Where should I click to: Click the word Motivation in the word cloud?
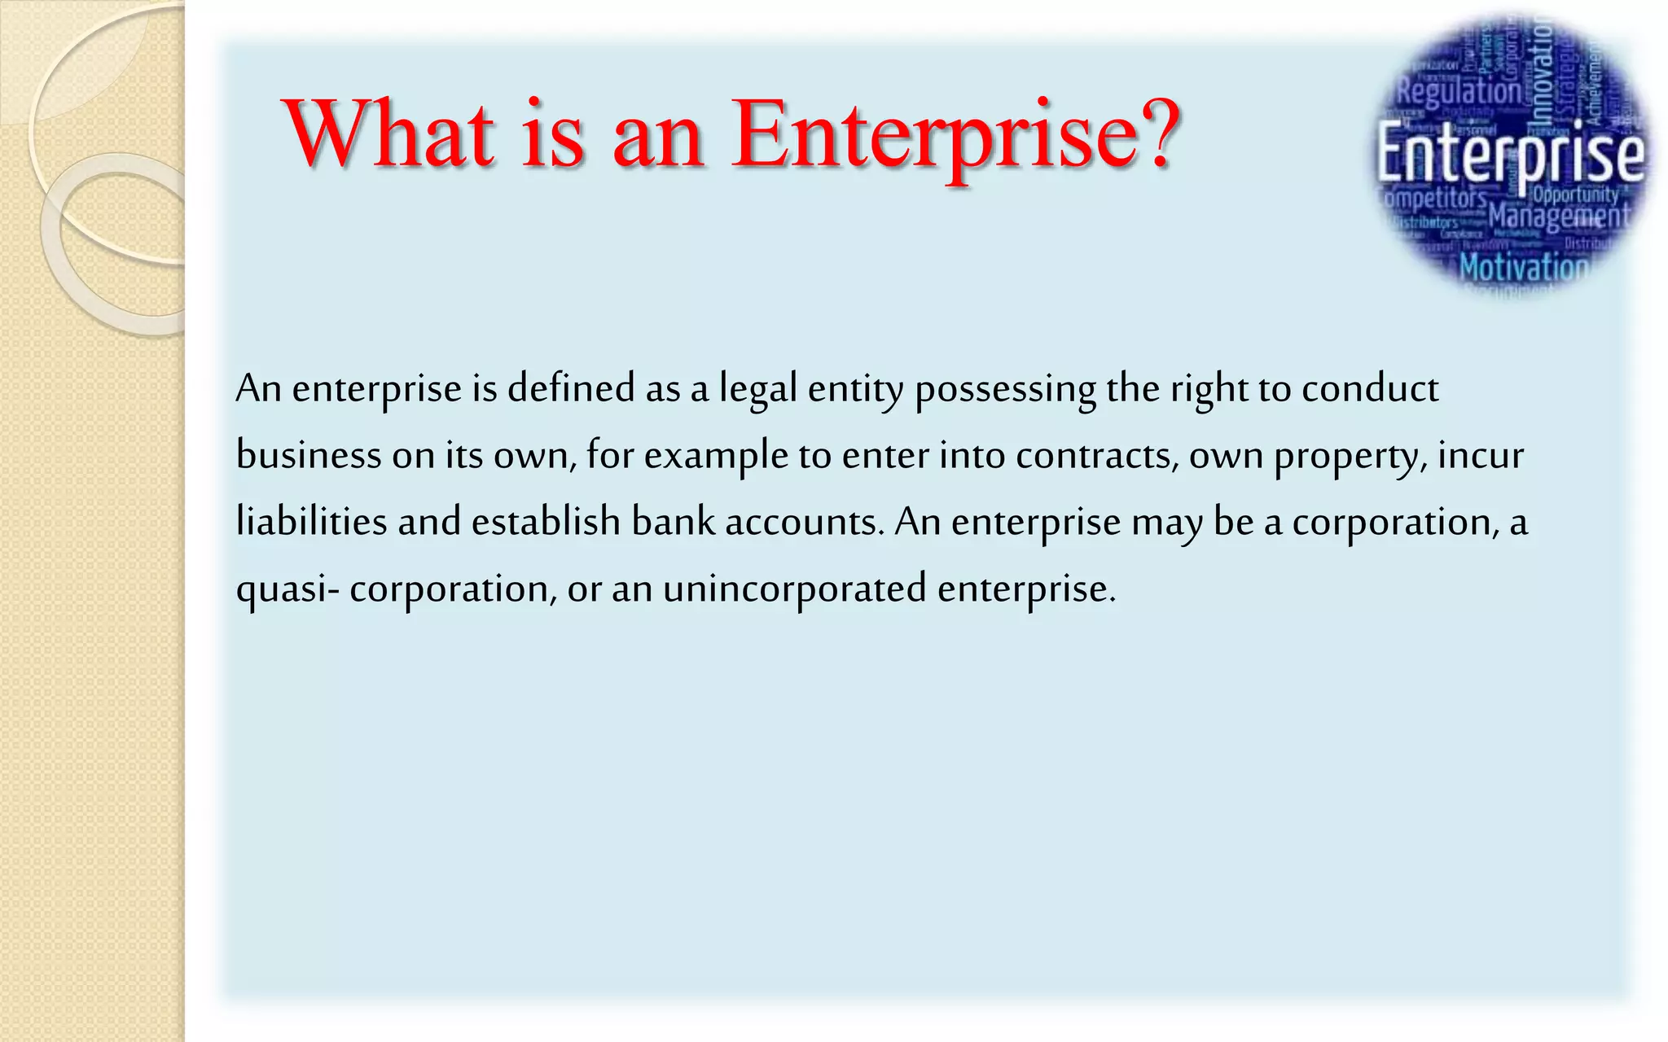coord(1523,267)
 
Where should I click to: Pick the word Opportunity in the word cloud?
coord(1575,195)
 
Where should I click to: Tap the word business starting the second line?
coord(308,455)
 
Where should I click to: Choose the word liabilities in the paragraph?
coord(311,522)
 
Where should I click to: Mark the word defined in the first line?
coord(570,388)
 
